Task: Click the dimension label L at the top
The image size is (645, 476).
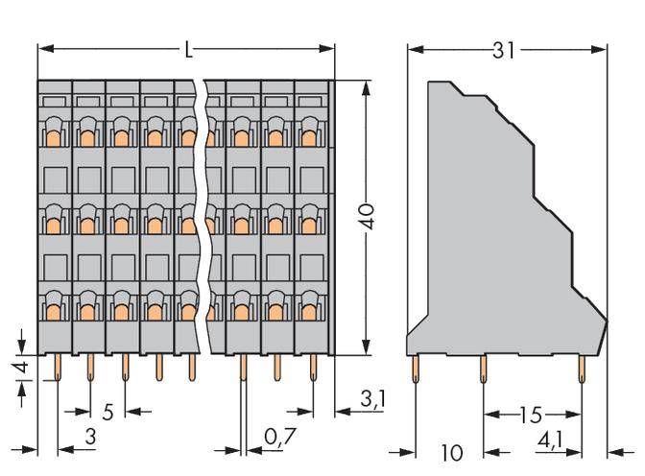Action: tap(188, 46)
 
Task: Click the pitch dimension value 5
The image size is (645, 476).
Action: tap(108, 413)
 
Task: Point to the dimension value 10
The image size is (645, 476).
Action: tap(450, 452)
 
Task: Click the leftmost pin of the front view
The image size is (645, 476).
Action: tap(57, 367)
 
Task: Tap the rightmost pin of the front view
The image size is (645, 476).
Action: tap(313, 367)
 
